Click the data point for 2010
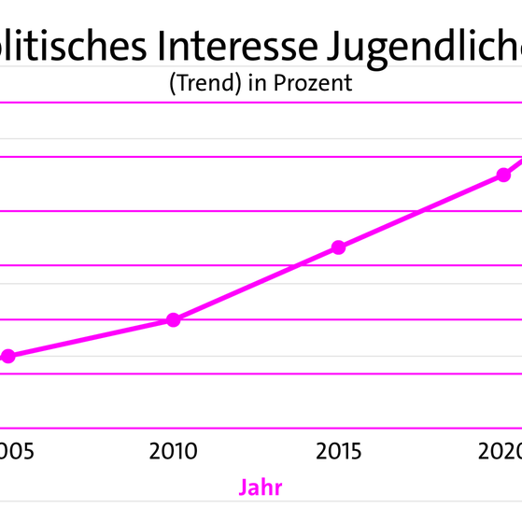173,320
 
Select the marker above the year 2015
339,247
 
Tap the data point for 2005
8,356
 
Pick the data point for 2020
504,174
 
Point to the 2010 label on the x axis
173,453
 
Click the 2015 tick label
339,453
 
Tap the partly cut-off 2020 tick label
501,453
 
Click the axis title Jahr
261,487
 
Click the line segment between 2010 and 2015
256,284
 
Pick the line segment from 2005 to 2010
91,338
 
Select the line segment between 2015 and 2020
422,210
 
